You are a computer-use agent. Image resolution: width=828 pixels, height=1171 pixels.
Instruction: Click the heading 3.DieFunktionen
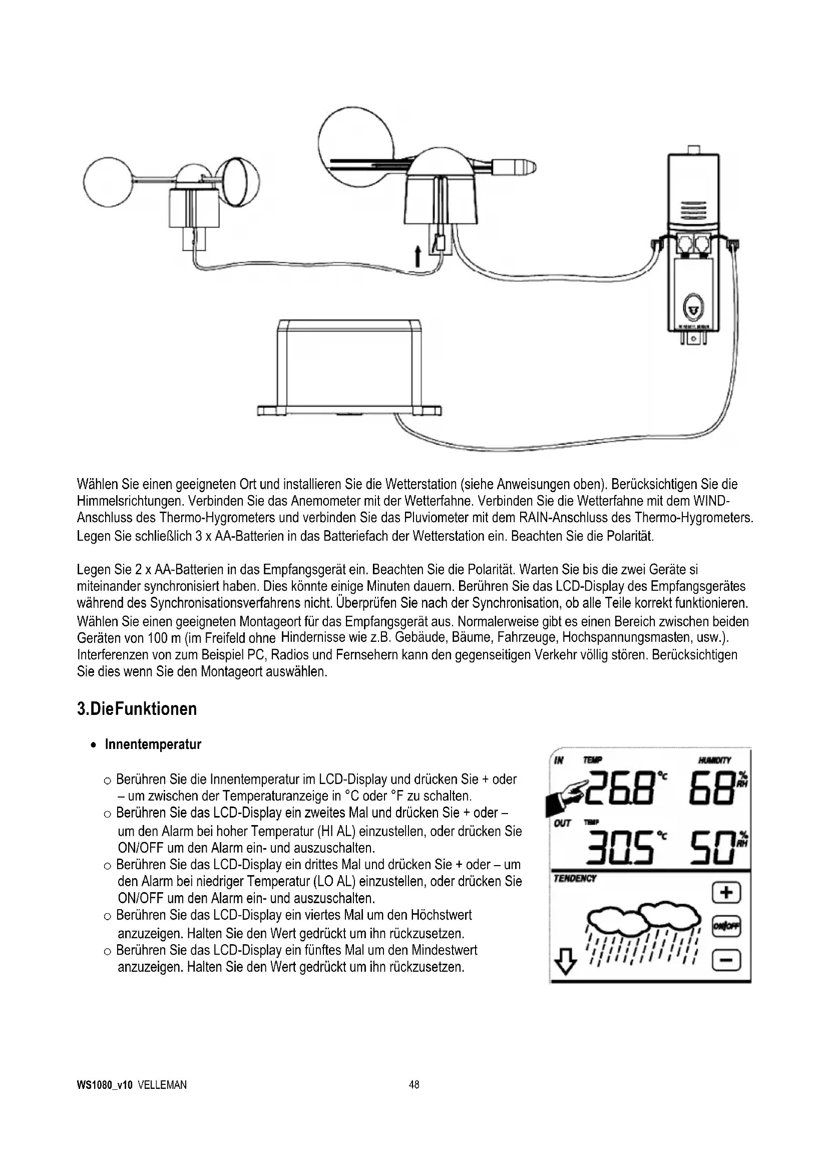137,709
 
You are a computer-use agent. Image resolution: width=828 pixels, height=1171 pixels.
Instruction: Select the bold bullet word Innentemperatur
153,744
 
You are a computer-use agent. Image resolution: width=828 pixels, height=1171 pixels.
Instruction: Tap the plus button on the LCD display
726,893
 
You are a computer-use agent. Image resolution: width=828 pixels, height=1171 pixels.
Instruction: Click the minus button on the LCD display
726,961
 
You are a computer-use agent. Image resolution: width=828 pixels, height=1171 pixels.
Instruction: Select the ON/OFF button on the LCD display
726,927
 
